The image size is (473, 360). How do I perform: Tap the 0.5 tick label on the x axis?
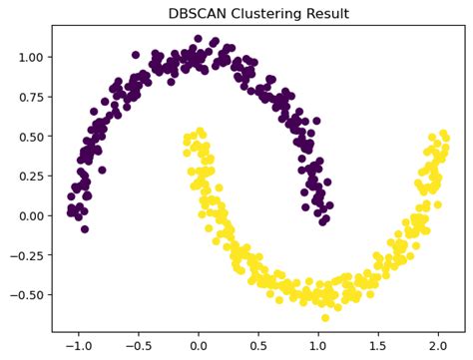258,345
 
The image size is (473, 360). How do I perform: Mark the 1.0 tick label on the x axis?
318,345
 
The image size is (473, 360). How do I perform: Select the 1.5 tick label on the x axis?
378,345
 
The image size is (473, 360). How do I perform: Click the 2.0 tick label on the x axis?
438,345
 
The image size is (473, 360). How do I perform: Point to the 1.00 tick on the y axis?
29,57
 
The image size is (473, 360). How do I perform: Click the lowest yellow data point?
324,317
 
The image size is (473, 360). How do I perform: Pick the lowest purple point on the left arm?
85,228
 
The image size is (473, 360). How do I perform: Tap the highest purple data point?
198,39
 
